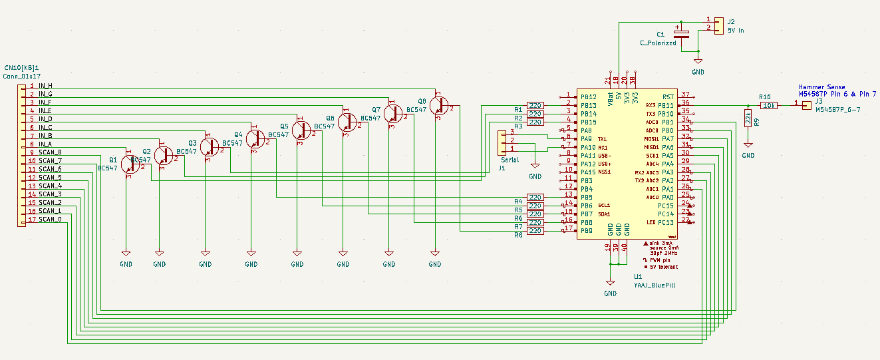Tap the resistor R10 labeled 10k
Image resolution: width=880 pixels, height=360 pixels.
point(769,105)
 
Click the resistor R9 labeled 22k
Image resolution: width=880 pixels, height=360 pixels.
point(748,120)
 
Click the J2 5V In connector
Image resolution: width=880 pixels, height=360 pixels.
point(718,25)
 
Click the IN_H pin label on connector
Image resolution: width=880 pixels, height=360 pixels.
point(46,86)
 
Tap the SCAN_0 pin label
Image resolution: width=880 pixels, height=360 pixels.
point(50,219)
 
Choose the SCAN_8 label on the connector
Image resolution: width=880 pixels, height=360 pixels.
point(50,152)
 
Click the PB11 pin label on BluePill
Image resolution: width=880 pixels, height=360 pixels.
point(666,105)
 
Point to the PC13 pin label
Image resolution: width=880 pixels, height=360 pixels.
point(666,222)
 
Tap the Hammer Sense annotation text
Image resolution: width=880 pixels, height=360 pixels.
point(821,87)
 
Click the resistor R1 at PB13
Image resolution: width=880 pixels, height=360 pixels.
point(535,105)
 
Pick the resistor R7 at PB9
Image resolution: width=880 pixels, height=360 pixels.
point(535,231)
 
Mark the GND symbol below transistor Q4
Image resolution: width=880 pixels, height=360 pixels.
point(251,256)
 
